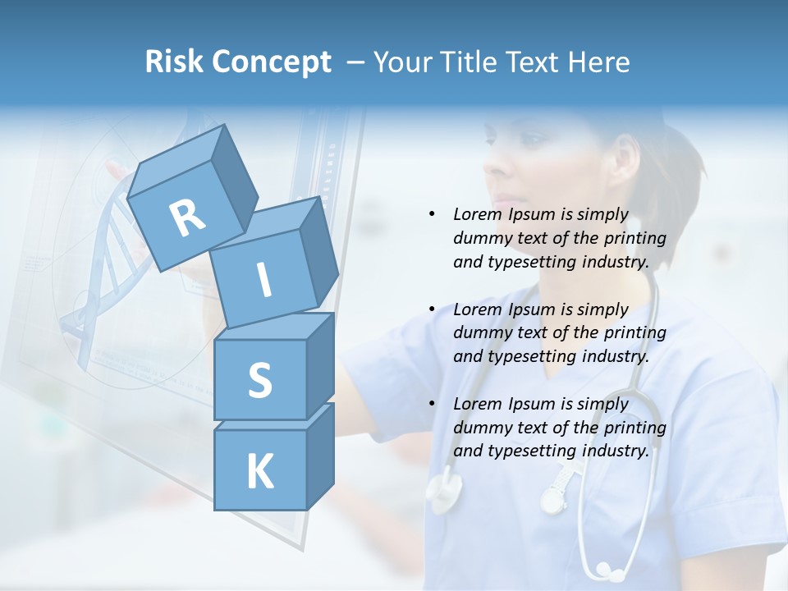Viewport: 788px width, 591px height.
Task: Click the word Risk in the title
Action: (x=176, y=62)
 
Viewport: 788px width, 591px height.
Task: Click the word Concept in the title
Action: (x=272, y=63)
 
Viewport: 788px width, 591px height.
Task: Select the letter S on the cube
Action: (x=259, y=381)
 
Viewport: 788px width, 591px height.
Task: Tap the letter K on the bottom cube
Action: (x=259, y=472)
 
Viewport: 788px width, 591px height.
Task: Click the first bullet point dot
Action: (x=432, y=214)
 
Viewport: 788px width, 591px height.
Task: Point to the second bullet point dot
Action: (x=432, y=309)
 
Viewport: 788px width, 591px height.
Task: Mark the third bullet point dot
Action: (x=432, y=404)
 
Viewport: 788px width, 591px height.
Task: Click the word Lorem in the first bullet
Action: (x=476, y=214)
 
